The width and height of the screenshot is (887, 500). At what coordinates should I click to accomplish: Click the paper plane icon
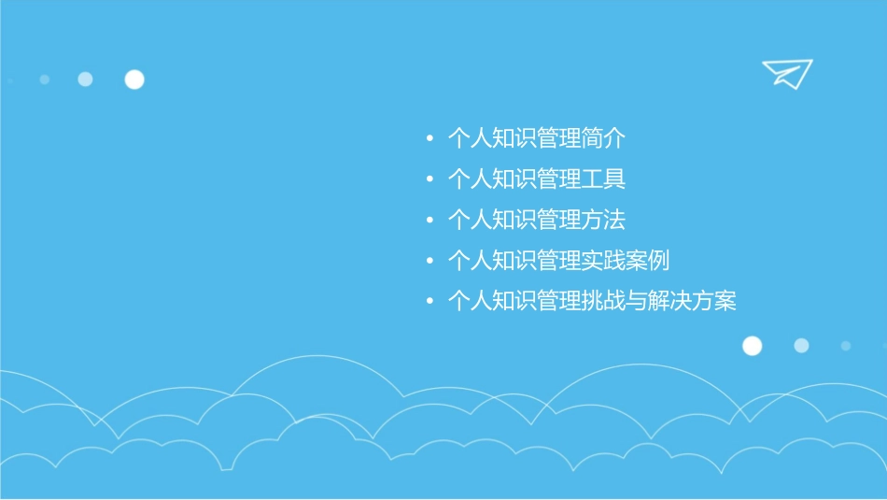[786, 73]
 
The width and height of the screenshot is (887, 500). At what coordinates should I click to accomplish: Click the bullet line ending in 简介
[536, 139]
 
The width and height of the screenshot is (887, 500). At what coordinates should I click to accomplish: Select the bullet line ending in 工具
[536, 179]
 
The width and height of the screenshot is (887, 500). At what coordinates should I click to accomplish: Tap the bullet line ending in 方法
[536, 221]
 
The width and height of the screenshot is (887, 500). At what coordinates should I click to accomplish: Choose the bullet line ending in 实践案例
[558, 261]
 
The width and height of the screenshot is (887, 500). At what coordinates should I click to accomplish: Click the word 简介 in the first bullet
[603, 139]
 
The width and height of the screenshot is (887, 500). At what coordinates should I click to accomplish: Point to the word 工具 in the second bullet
[603, 179]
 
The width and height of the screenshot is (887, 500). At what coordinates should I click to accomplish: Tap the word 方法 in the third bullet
[603, 221]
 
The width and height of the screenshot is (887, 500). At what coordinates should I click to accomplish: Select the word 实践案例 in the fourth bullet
[625, 261]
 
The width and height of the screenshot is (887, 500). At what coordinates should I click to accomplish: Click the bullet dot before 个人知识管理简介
[429, 140]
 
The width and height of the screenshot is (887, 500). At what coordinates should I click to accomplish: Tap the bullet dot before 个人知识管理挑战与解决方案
[429, 302]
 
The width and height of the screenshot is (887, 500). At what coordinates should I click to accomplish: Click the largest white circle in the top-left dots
[134, 79]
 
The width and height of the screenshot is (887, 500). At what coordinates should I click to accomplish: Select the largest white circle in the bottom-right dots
[752, 346]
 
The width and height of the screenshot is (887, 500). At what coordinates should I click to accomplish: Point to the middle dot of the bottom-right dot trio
[801, 346]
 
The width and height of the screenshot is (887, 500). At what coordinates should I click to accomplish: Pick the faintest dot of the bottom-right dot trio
[845, 346]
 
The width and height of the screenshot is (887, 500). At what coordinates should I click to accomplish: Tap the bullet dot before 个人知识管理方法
[429, 221]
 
